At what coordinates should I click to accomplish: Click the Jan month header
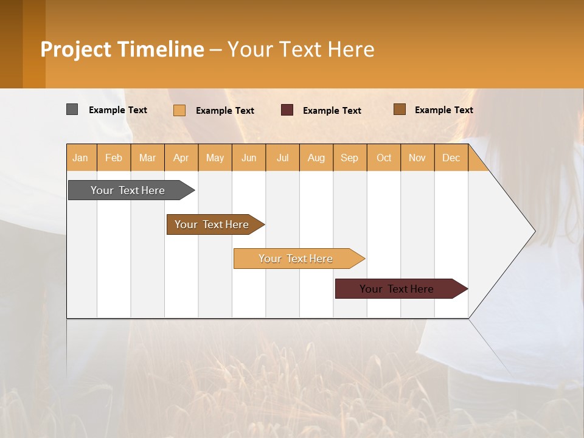point(81,158)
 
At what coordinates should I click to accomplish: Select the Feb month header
point(114,158)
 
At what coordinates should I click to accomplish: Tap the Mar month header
point(147,158)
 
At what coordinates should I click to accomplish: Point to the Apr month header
point(181,158)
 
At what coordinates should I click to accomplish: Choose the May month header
point(215,158)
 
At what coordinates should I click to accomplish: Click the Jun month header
point(249,158)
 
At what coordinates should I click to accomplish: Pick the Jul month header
point(282,158)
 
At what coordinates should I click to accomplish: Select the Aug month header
point(316,158)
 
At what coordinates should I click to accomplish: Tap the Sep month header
point(350,158)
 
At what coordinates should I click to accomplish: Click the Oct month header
point(384,158)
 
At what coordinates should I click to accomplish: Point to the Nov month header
point(417,158)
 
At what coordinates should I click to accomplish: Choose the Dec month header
point(451,158)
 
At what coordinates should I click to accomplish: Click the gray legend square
point(72,109)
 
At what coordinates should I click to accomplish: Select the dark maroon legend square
point(287,109)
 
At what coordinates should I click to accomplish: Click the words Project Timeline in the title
point(122,49)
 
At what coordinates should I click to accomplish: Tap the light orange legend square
point(179,110)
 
